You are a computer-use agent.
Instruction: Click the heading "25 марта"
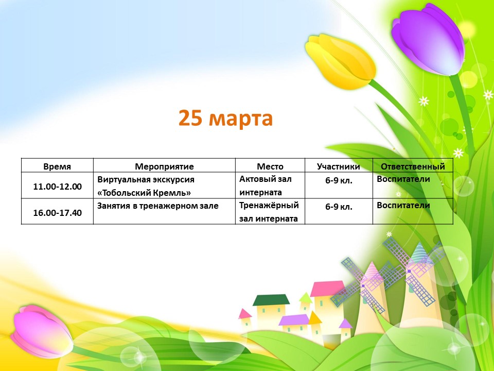click(x=225, y=119)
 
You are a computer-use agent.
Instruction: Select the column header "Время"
click(x=57, y=166)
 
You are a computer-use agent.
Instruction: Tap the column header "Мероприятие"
click(x=164, y=166)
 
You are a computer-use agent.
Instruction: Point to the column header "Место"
click(x=270, y=166)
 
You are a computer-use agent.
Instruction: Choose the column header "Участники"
click(x=339, y=166)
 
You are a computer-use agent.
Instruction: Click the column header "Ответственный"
click(x=413, y=166)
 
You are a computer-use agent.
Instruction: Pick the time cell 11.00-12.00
click(x=57, y=187)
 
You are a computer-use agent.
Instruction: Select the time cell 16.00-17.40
click(x=57, y=213)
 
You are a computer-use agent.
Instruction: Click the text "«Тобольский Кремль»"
click(x=144, y=192)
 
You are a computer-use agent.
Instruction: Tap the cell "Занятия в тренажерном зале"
click(x=158, y=206)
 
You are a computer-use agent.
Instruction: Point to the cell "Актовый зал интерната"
click(x=266, y=185)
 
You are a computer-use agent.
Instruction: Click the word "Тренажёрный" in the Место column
click(x=269, y=205)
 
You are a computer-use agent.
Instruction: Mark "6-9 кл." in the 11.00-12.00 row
click(x=339, y=180)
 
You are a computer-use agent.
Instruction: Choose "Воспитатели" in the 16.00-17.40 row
click(x=403, y=205)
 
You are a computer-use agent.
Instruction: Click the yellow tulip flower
click(x=340, y=61)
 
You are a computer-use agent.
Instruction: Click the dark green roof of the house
click(x=271, y=300)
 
